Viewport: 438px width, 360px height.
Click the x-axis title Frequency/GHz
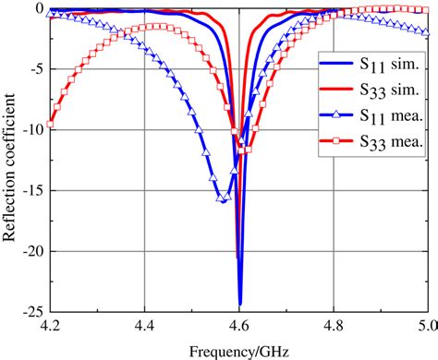click(x=238, y=350)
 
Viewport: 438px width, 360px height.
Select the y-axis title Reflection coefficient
click(x=11, y=160)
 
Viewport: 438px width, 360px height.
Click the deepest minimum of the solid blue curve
click(x=240, y=305)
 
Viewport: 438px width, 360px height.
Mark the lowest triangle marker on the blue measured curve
click(x=222, y=198)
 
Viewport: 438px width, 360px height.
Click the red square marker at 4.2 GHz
click(x=51, y=124)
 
